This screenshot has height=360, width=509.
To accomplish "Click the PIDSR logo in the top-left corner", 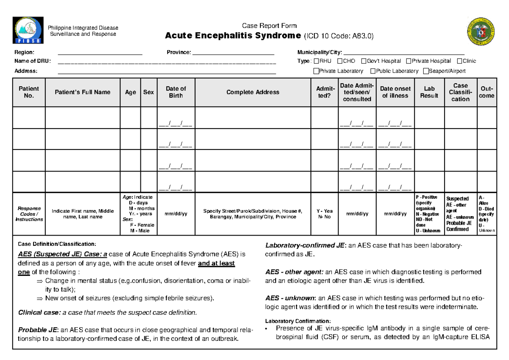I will click(28, 30).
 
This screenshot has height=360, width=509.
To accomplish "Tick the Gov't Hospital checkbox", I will click(364, 61).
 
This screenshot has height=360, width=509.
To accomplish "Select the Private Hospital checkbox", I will click(408, 61).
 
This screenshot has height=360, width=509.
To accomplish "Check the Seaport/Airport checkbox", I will click(426, 71).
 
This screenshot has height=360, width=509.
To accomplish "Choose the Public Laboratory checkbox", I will click(373, 71).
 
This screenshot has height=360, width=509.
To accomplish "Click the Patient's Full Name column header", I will click(83, 92).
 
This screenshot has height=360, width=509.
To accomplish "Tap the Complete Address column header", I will click(253, 92).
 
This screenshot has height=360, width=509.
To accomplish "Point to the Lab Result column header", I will click(429, 92).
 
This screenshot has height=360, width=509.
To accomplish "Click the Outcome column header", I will click(487, 92).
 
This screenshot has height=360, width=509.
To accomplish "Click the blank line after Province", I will click(234, 53).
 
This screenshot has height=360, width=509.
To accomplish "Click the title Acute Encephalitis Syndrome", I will click(232, 36).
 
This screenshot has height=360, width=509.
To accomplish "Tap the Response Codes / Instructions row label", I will click(29, 214).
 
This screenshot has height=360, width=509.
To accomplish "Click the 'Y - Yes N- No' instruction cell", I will click(325, 214).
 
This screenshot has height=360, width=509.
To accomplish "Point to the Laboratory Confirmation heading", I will click(298, 321).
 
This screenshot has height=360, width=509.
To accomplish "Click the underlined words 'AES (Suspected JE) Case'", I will click(59, 254).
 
